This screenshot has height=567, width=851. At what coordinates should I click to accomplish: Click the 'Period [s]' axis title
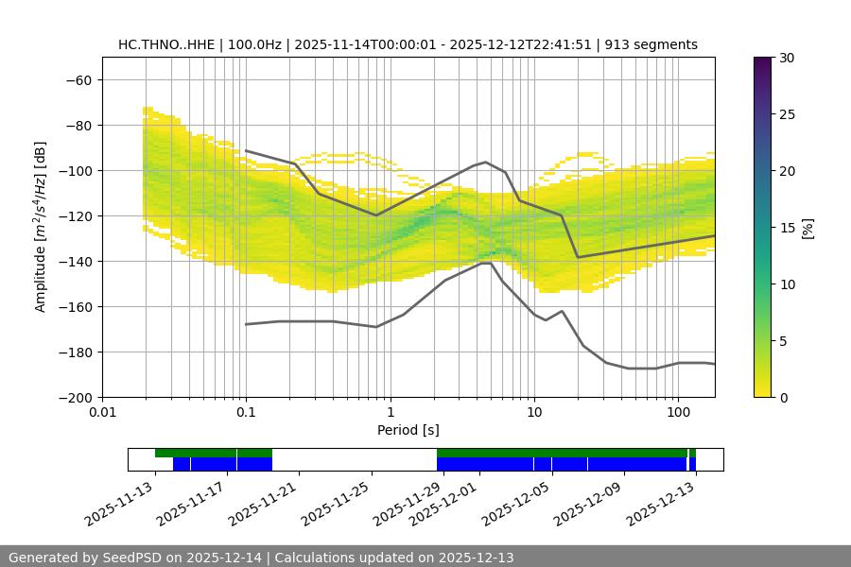[x=408, y=431]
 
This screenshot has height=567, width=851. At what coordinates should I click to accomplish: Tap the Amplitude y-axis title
[x=40, y=226]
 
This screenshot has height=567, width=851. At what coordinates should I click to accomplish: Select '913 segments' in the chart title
[x=652, y=44]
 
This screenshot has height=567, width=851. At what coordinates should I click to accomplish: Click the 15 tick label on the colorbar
[x=785, y=228]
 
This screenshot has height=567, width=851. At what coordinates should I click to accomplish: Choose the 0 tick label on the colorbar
[x=782, y=397]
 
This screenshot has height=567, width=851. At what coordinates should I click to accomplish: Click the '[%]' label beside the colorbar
[x=808, y=228]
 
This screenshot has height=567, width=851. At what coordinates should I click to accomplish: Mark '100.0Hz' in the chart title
[x=254, y=44]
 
